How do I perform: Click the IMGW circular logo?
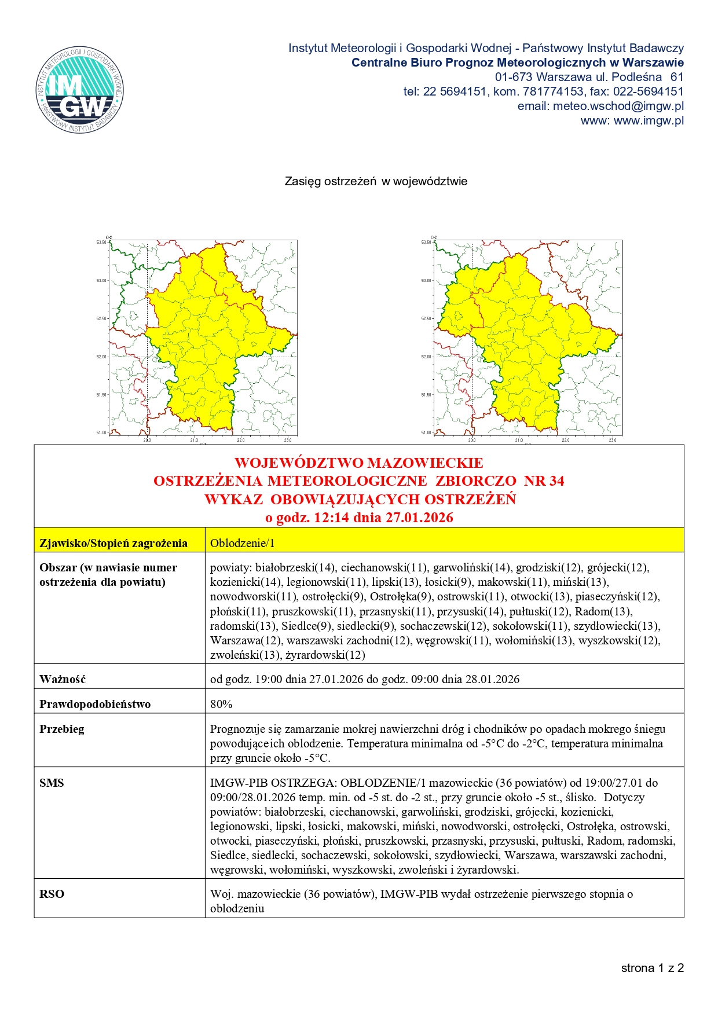coord(80,90)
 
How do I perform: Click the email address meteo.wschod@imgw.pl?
coord(618,106)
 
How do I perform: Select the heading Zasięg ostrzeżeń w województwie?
coord(376,181)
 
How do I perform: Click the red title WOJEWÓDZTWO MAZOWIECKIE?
coord(358,463)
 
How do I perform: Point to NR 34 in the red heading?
coord(544,481)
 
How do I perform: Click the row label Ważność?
coord(63,679)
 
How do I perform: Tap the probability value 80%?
coord(221,704)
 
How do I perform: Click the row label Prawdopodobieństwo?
coord(95,704)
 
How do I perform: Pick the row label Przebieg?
coord(62,729)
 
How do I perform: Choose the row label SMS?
coord(52,783)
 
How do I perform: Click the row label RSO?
coord(52,894)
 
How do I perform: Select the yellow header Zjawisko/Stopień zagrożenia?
coord(113,543)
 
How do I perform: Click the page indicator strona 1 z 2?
coord(652,968)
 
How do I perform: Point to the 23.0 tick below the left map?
coord(288,440)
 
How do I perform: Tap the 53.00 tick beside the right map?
coord(426,281)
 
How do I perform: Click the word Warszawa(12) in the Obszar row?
coord(246,640)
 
